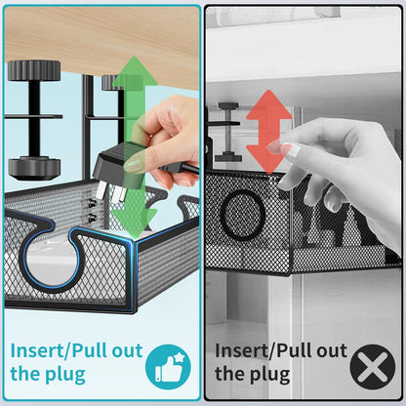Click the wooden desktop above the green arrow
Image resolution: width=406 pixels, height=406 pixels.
click(x=98, y=29)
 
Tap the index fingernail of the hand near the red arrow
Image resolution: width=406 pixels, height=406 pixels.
click(x=287, y=149)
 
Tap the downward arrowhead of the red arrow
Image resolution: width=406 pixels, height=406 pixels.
click(x=269, y=173)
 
